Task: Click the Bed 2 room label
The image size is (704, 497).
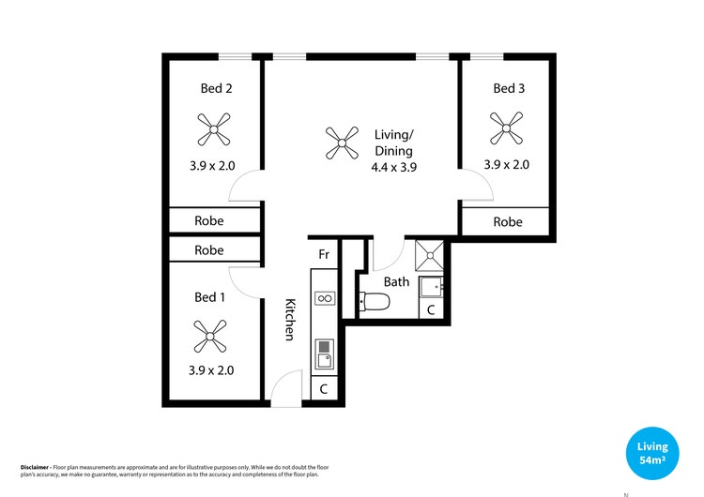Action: pyautogui.click(x=216, y=88)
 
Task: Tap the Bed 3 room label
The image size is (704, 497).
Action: pyautogui.click(x=509, y=88)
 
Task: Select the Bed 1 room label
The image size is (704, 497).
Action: pyautogui.click(x=209, y=297)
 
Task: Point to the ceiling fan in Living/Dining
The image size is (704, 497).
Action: pyautogui.click(x=341, y=143)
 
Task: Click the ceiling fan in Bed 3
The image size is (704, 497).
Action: pyautogui.click(x=507, y=128)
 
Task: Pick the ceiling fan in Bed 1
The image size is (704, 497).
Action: pyautogui.click(x=210, y=335)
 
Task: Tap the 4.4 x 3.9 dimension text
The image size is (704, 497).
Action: pyautogui.click(x=393, y=167)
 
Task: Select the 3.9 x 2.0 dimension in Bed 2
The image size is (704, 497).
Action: pyautogui.click(x=212, y=165)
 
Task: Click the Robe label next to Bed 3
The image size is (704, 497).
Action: pyautogui.click(x=507, y=222)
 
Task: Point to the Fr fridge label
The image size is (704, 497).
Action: pyautogui.click(x=323, y=254)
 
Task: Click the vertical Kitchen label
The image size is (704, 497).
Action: pyautogui.click(x=291, y=319)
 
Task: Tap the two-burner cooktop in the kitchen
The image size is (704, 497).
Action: pyautogui.click(x=324, y=298)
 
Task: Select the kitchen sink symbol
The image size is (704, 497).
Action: pyautogui.click(x=324, y=354)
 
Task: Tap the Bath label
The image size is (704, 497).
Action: pyautogui.click(x=396, y=281)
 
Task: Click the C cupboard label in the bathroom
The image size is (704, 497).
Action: pyautogui.click(x=431, y=309)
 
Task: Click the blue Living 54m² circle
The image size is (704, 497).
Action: pyautogui.click(x=653, y=454)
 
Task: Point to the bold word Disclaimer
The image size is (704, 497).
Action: pyautogui.click(x=35, y=466)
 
